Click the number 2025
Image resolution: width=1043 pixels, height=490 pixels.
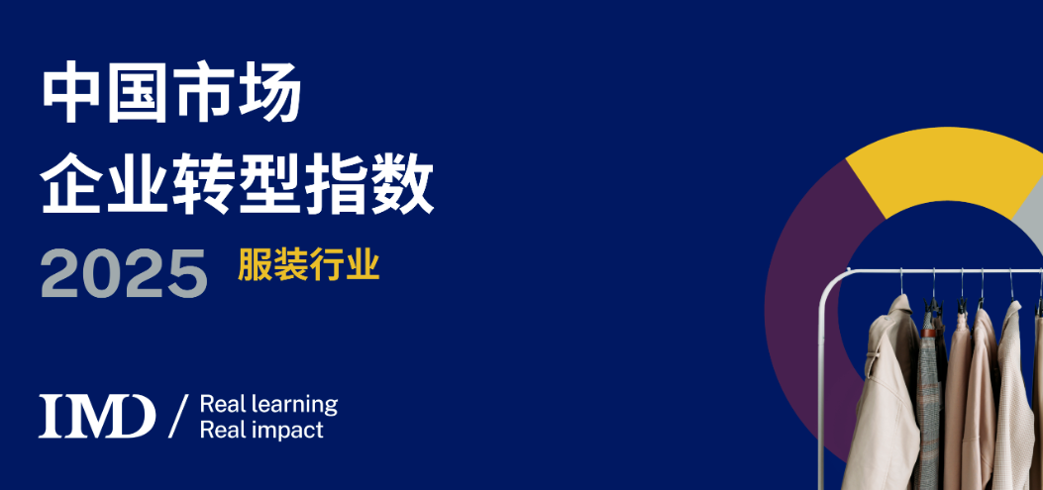[125, 273]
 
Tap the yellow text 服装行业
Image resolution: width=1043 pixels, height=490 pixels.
[309, 264]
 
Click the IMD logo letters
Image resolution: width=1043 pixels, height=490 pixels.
[97, 416]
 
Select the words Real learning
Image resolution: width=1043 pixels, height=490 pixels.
[268, 405]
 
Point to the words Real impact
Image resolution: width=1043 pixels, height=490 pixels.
[261, 430]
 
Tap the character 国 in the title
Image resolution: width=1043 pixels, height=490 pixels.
[137, 92]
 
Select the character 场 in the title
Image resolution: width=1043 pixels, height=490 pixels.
[269, 92]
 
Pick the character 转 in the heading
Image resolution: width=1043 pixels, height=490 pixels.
[204, 182]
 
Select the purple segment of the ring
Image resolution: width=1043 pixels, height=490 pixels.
[808, 299]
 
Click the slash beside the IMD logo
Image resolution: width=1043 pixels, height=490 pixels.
[178, 416]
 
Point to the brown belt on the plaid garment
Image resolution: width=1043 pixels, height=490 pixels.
[928, 333]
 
